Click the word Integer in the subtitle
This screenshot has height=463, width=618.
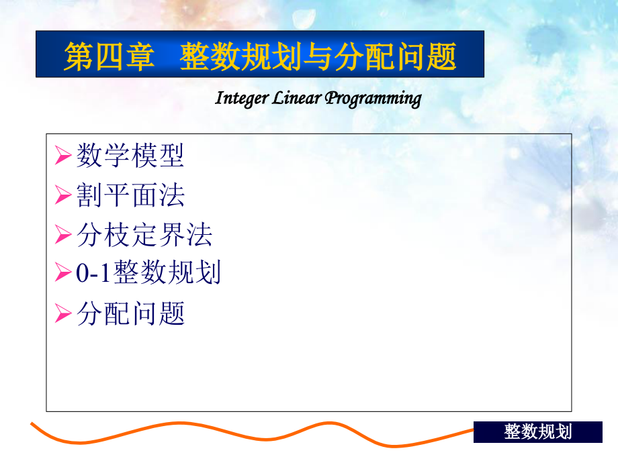coord(242,99)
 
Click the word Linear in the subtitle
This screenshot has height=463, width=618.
coord(296,98)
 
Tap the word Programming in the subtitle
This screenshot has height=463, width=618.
coord(373,99)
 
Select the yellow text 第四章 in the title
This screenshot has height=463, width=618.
coord(109,56)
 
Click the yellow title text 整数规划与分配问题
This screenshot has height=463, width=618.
coord(318,56)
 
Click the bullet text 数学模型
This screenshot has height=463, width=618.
coord(130,155)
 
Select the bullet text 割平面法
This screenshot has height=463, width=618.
coord(130,195)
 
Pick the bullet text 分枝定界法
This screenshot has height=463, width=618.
coord(144,234)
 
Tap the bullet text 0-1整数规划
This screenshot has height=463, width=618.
coord(148,272)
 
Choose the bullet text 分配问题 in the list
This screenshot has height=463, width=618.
coord(130,313)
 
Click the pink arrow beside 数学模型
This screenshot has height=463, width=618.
coord(63,155)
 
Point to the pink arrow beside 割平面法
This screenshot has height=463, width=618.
coord(63,195)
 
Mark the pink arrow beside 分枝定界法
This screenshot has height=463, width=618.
coord(63,234)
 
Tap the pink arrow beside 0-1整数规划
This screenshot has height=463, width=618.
coord(63,272)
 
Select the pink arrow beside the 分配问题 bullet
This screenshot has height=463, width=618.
coord(63,313)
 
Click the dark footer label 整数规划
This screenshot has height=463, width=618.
coord(537,432)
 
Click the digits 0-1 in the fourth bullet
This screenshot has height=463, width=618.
coord(93,272)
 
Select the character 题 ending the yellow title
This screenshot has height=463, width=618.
coord(442,56)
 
